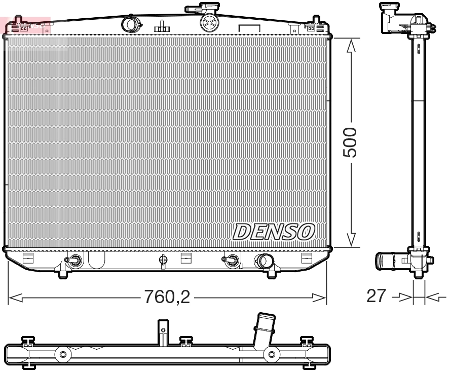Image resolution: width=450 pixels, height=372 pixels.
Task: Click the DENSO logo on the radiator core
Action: pos(274,232)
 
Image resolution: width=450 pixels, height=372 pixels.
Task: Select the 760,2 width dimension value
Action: pos(168,296)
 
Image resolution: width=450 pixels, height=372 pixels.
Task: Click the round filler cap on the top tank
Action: pos(209,22)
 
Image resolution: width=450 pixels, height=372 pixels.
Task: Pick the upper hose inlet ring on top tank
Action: pos(130,24)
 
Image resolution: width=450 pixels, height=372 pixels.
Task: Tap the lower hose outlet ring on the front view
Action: pos(264,262)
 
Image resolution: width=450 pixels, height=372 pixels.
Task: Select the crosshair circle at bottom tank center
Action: pos(163,259)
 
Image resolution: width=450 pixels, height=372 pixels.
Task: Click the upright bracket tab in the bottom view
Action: pos(162,330)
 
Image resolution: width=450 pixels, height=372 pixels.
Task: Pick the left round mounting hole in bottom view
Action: pos(63,354)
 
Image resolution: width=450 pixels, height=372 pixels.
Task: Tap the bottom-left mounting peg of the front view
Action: pos(63,274)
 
